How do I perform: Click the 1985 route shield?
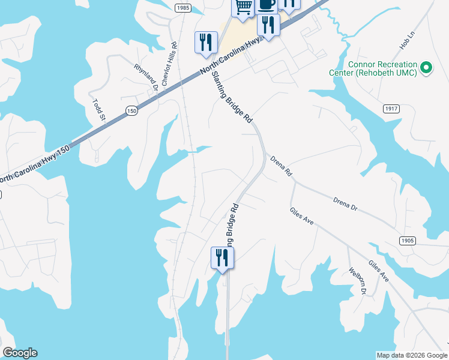point(184,8)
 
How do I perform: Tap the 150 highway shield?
point(131,110)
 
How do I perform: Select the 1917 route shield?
point(391,109)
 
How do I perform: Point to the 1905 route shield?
point(406,240)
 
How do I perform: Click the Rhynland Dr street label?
point(146,77)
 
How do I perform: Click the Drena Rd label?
point(280,166)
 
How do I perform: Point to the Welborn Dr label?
point(357,280)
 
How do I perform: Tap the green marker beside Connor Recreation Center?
point(427,68)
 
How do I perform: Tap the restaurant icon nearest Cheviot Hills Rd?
point(206,42)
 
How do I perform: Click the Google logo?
point(20,353)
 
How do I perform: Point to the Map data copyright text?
point(411,355)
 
